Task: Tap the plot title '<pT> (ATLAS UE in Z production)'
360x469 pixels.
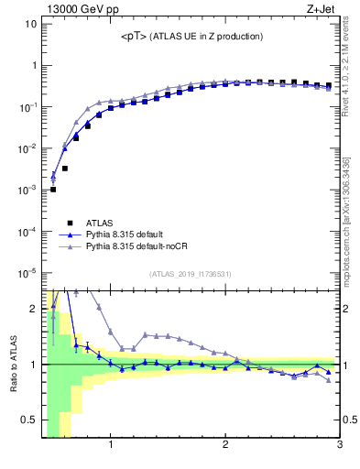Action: (x=191, y=37)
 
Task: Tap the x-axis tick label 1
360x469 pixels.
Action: (x=111, y=446)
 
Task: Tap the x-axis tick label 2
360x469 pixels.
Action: (x=225, y=446)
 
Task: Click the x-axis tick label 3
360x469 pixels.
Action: (x=339, y=446)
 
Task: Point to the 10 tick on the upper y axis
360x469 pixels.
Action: (x=28, y=24)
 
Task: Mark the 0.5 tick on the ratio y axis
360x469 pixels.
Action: (x=27, y=420)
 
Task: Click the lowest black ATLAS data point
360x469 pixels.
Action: (x=53, y=190)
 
